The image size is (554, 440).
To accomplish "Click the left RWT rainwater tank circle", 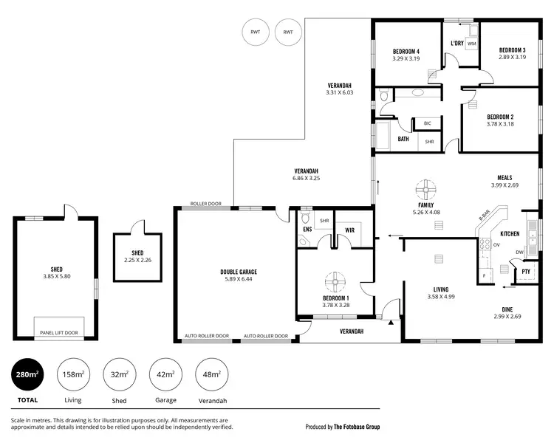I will click(x=256, y=32).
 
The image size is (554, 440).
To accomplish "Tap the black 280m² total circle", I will click(x=26, y=375).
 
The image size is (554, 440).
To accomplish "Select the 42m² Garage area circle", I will click(x=165, y=375).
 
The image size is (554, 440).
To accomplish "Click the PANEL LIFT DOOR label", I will click(x=59, y=332).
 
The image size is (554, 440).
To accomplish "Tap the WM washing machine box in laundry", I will click(x=471, y=44).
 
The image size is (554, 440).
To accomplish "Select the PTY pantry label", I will click(x=526, y=272).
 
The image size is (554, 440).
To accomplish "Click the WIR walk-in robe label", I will click(x=350, y=230).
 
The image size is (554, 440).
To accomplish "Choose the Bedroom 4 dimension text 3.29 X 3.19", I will click(x=406, y=58).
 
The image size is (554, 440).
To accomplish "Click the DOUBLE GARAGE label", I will click(x=239, y=272).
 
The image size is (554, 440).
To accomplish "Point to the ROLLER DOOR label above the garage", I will click(x=206, y=204).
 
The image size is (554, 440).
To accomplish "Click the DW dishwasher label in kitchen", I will click(x=520, y=252).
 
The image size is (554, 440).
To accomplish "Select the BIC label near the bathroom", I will click(x=427, y=123).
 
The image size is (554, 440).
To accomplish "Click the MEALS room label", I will click(x=505, y=177).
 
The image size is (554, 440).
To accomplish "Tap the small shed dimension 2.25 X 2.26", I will click(x=137, y=260).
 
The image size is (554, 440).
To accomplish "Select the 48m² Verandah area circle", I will click(x=211, y=375).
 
